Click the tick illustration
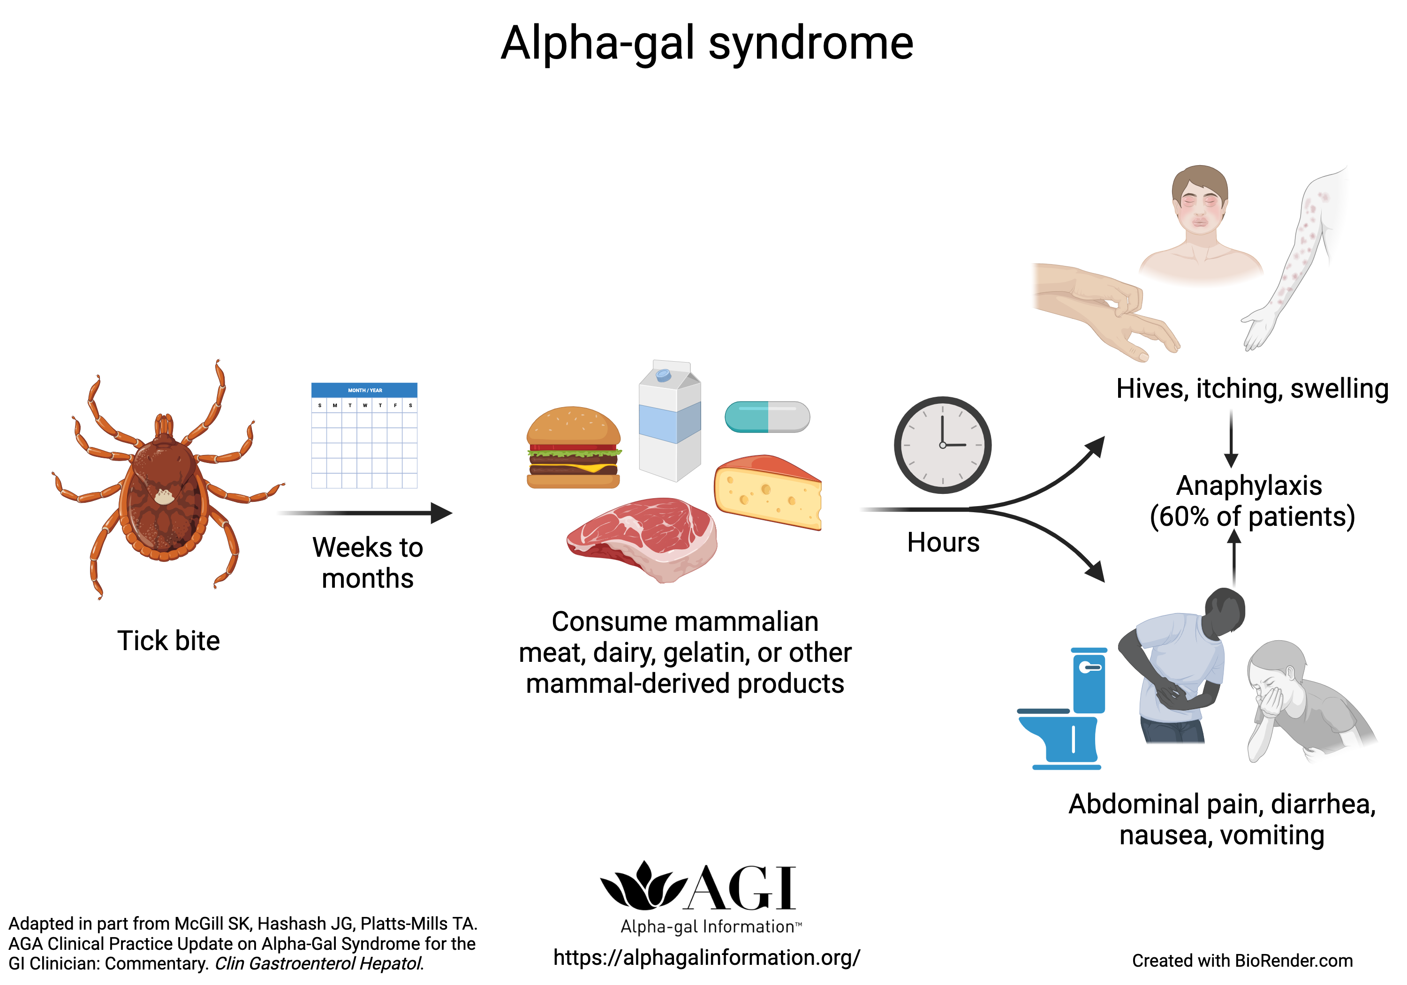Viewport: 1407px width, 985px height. [164, 484]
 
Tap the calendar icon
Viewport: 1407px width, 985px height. [364, 435]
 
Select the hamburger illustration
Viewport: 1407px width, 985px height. [573, 447]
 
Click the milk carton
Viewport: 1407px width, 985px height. [669, 423]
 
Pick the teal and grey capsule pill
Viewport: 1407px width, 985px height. [767, 417]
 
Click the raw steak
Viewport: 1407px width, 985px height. [642, 536]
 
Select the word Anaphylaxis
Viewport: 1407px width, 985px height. [1248, 485]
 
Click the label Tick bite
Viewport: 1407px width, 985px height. [168, 641]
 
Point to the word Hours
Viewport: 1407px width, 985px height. [943, 543]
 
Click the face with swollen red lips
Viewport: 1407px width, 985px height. [1199, 208]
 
